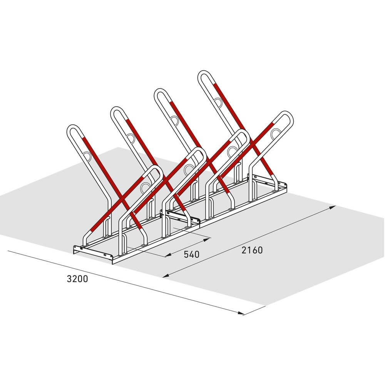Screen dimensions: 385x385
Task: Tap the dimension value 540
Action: point(191,254)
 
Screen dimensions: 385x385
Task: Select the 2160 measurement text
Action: point(252,250)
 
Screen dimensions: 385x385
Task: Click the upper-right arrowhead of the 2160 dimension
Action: point(333,208)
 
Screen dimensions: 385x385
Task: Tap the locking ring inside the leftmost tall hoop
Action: point(87,156)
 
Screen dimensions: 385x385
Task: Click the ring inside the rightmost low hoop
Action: point(276,134)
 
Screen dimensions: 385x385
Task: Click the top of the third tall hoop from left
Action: point(160,92)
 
